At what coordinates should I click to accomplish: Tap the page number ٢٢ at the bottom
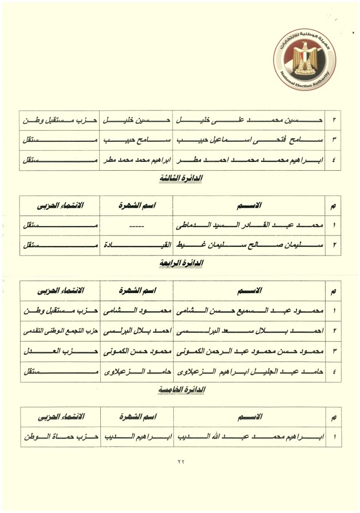180,461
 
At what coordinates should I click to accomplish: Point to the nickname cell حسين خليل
138,120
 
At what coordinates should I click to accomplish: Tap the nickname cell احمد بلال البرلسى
138,331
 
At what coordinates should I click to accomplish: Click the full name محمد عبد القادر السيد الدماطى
251,225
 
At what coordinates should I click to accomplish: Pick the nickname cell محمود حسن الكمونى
138,352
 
